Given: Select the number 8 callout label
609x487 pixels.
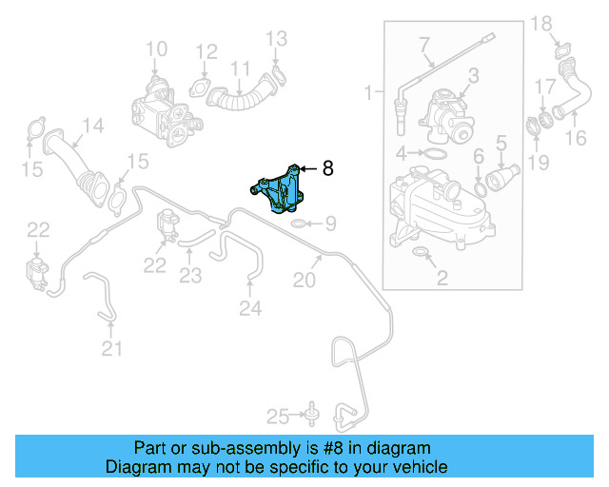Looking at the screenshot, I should (328, 169).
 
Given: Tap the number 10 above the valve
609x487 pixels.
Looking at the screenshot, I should (156, 49).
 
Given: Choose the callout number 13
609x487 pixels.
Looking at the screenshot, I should (275, 39).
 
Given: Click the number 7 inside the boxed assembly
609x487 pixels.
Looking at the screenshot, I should (423, 43).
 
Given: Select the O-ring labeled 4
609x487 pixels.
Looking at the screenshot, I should (433, 153).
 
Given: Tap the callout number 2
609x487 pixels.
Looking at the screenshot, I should (442, 278).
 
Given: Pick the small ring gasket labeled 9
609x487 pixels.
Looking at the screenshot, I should (298, 224).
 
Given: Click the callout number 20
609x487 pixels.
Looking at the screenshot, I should (304, 280).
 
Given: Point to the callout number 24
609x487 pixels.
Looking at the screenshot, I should (249, 307).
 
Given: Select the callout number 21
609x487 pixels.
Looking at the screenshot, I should (112, 349).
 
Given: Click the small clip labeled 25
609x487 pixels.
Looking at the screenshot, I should (310, 415).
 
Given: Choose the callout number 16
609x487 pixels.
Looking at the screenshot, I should (577, 139).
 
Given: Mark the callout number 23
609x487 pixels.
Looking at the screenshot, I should (191, 276).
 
